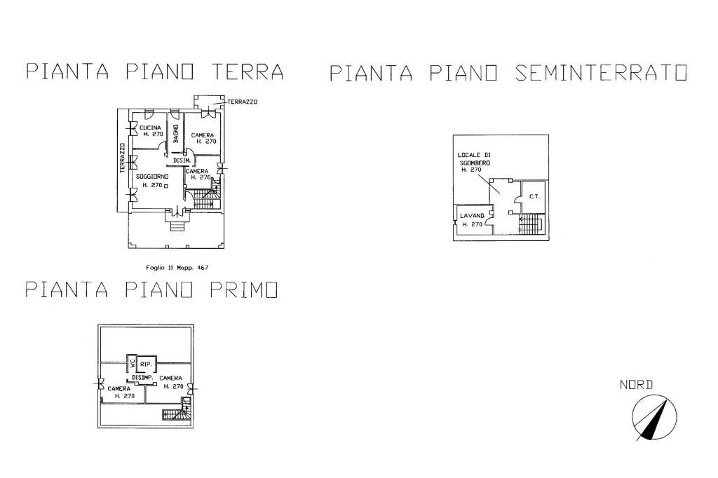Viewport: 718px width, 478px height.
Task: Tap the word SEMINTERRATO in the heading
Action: tap(601, 73)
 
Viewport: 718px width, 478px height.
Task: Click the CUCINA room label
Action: tap(151, 127)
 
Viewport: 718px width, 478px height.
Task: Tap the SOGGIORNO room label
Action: tap(151, 175)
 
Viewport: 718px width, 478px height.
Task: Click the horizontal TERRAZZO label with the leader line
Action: tap(243, 102)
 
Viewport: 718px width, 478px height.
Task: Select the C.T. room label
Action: tap(533, 196)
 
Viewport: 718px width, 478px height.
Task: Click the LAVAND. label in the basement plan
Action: tap(471, 216)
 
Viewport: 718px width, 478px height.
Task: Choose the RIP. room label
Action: tap(146, 364)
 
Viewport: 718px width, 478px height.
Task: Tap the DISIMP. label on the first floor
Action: tap(143, 378)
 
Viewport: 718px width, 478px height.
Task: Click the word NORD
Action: tap(636, 384)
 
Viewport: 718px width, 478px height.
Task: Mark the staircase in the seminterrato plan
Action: tap(531, 226)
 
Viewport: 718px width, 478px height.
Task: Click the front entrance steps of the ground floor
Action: tap(175, 224)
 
